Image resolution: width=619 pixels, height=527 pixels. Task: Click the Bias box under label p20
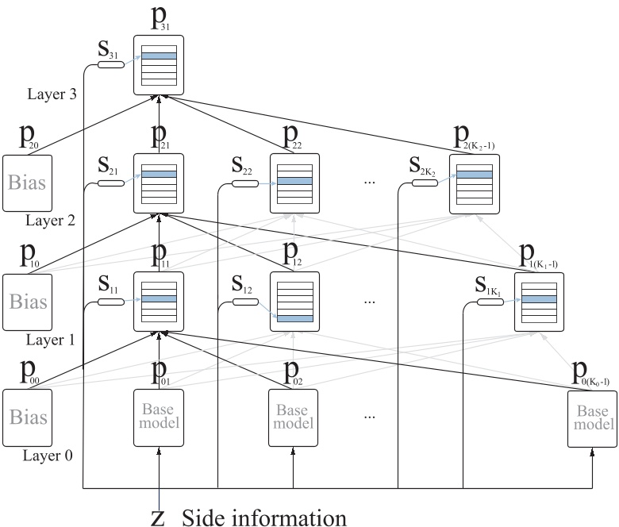point(27,183)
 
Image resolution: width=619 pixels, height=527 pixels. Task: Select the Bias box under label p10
point(27,302)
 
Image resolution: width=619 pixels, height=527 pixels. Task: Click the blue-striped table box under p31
point(159,65)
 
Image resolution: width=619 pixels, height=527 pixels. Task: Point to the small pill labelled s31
point(110,63)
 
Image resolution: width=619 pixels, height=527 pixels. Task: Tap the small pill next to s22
point(246,184)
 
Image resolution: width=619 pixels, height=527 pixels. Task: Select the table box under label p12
point(294,301)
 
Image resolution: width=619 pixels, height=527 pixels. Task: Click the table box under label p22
point(294,183)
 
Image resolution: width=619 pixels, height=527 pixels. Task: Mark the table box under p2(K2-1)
point(474,183)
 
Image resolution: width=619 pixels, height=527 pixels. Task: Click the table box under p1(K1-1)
point(539,302)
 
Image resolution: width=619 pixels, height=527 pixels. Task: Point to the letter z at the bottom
point(159,517)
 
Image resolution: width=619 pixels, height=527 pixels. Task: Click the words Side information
point(264,517)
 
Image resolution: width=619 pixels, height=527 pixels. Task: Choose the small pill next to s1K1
point(489,302)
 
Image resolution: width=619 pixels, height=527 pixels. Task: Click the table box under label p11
point(159,301)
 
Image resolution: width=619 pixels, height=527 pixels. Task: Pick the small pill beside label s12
point(246,302)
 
